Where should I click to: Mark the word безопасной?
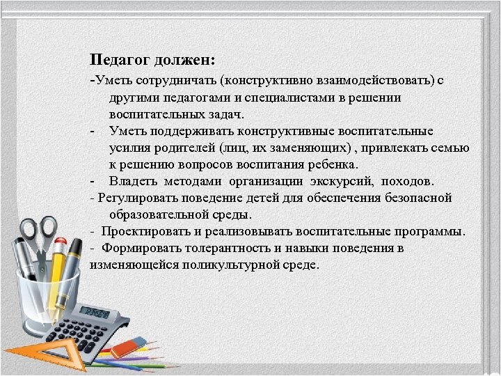click(416, 198)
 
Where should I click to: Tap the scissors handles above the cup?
click(38, 230)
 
